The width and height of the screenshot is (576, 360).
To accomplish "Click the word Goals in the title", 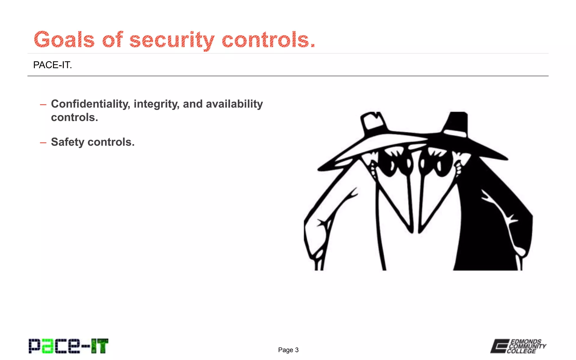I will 64,40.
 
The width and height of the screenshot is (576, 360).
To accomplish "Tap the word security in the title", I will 172,40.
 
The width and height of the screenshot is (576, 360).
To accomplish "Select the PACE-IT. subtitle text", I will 53,65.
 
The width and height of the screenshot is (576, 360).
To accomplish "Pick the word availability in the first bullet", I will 234,104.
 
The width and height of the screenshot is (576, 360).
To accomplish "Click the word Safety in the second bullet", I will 67,142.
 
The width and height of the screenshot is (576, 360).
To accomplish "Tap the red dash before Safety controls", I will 43,143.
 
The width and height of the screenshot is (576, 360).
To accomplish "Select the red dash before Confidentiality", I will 43,105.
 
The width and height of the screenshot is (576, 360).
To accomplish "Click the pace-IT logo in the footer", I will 68,346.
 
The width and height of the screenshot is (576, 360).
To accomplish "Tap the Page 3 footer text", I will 288,350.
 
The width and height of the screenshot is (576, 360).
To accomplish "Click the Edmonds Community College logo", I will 518,346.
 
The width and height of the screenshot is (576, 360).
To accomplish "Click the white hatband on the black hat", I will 454,133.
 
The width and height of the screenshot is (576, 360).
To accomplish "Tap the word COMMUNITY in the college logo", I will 527,346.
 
